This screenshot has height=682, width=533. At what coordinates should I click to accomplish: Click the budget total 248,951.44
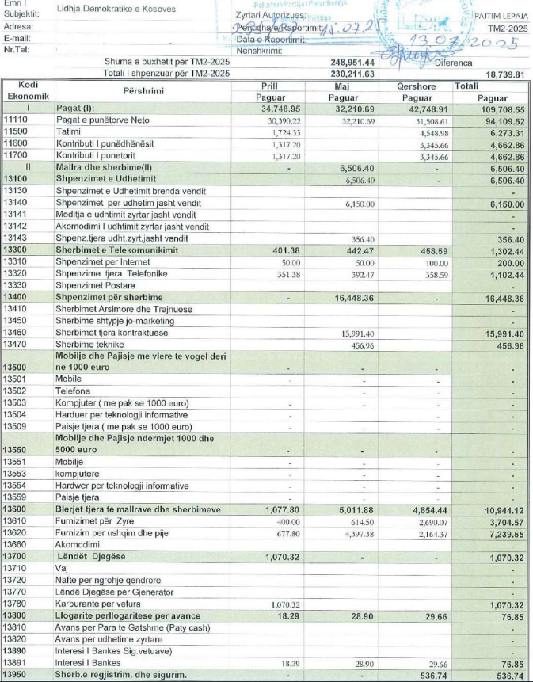352,62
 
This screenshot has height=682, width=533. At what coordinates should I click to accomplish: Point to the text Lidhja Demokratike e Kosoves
116,10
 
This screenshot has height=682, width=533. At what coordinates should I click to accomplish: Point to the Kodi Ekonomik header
28,90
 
